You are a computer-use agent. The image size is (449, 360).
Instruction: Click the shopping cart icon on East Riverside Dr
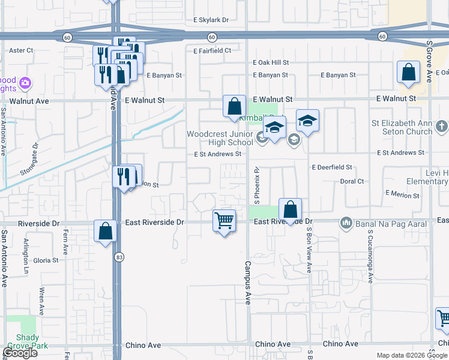tap(224, 221)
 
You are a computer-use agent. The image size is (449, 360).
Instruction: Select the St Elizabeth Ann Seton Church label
tap(402, 127)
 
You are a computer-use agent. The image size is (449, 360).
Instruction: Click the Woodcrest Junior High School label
tap(220, 138)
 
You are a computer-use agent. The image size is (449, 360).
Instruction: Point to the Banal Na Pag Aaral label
tap(393, 224)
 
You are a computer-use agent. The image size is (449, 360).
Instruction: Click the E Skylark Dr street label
tap(211, 20)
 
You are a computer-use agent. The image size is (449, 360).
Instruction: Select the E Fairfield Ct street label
tap(212, 51)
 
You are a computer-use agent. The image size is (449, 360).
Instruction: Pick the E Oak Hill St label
tap(271, 62)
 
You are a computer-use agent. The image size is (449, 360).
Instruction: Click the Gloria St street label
tap(46, 260)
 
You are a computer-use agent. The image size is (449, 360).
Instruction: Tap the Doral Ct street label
tap(352, 181)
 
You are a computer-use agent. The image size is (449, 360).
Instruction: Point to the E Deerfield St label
tap(332, 167)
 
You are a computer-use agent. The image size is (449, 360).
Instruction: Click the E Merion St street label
tap(402, 196)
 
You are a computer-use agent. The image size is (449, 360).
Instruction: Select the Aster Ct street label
tap(21, 50)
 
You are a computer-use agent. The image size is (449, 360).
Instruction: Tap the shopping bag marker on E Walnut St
tap(234, 107)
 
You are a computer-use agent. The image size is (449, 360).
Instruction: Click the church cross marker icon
tap(441, 127)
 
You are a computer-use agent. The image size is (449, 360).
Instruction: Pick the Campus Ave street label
tap(247, 282)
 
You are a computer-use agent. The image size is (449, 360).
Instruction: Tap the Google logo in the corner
tap(20, 352)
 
